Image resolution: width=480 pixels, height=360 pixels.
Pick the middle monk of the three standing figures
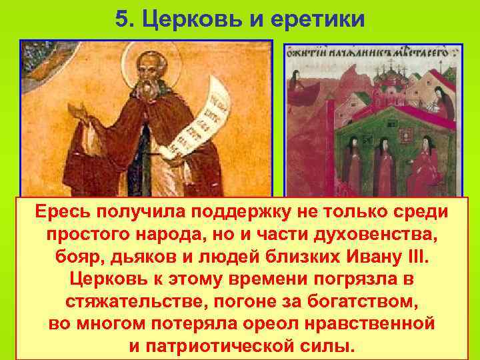384,170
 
